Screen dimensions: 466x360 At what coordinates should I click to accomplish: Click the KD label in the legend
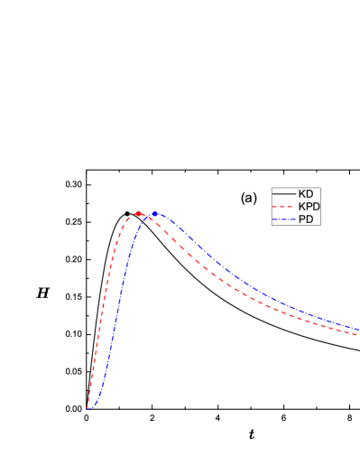[306, 194]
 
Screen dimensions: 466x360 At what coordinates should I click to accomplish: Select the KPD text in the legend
[309, 207]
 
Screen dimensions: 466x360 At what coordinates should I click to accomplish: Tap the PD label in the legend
[306, 219]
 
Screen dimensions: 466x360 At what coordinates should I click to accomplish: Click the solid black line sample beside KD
[284, 194]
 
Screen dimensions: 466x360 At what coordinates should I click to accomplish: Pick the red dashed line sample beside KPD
[284, 207]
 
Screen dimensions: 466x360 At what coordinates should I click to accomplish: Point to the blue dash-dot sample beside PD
[284, 219]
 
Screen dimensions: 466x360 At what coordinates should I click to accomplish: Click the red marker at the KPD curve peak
[138, 213]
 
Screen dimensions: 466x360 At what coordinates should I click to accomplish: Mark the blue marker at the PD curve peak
[154, 213]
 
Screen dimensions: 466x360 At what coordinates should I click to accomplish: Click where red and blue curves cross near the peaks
[148, 216]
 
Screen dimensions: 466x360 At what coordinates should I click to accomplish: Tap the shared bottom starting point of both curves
[88, 408]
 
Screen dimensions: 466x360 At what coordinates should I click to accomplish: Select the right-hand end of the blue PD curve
[358, 330]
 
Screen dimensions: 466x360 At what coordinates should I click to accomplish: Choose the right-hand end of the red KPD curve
[358, 335]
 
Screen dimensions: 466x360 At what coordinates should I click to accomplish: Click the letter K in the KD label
[302, 194]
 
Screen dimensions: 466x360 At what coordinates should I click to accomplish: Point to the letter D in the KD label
[309, 194]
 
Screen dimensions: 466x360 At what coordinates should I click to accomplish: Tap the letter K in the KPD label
[302, 207]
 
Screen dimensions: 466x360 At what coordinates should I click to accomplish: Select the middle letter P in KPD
[309, 207]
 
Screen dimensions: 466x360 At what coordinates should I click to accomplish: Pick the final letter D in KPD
[316, 207]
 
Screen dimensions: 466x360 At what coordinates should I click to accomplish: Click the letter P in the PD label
[302, 219]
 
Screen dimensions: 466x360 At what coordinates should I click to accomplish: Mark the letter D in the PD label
[309, 219]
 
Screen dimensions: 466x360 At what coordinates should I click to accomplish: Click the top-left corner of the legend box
[272, 188]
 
